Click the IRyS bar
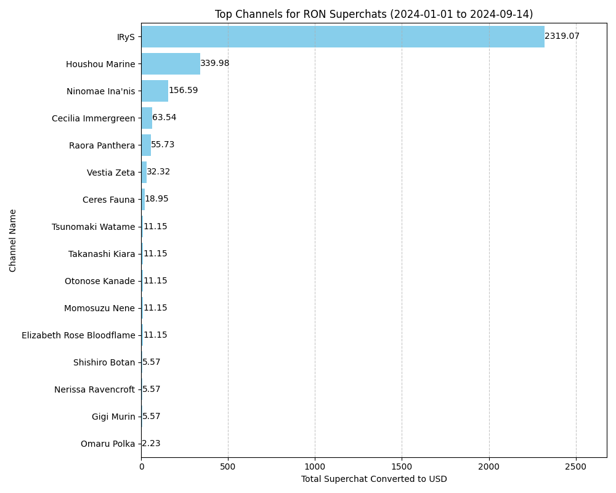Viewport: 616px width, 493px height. coord(342,36)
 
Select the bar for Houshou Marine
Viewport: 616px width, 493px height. coord(171,63)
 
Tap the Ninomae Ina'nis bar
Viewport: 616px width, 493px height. coord(155,91)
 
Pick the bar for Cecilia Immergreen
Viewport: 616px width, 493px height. coord(147,118)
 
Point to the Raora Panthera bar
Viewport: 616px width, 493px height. coord(146,145)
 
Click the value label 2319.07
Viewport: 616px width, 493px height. coord(562,36)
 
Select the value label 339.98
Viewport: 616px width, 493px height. coord(214,63)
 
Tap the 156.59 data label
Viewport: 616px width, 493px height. coord(183,91)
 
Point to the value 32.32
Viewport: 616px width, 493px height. coord(158,172)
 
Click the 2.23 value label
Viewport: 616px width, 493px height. coord(151,444)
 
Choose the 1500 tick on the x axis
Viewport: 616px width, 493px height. coord(402,468)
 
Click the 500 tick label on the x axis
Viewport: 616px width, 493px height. coord(228,468)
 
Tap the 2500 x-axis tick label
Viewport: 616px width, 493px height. coord(576,468)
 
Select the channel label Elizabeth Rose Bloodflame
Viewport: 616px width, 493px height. coord(78,335)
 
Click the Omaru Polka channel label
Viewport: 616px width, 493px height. coord(108,444)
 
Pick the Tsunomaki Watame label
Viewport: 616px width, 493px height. coord(93,227)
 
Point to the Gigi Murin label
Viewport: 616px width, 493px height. coord(113,417)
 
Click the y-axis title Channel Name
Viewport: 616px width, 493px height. coord(13,240)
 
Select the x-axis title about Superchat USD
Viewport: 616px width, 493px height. coord(374,479)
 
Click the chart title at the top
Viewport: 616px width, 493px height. coord(374,14)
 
